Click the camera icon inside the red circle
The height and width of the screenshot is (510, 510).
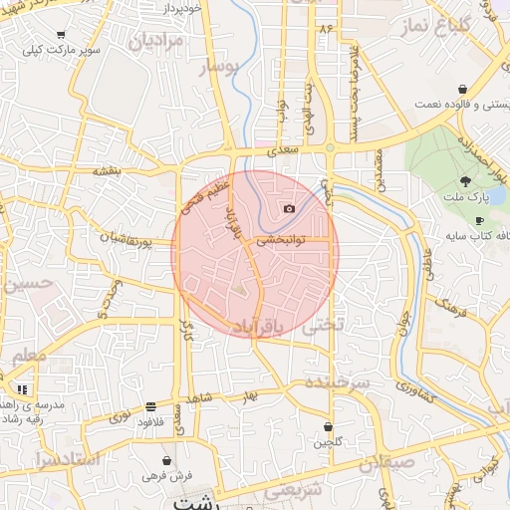click(289, 208)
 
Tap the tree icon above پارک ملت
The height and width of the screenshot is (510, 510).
click(465, 181)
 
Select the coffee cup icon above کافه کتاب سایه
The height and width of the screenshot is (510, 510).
click(479, 221)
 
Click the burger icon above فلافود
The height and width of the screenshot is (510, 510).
click(150, 406)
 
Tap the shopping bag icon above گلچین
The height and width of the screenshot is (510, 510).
click(327, 426)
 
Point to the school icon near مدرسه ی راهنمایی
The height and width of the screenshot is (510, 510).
click(21, 388)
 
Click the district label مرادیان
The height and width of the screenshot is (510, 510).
click(156, 41)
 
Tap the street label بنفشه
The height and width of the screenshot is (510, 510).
click(107, 170)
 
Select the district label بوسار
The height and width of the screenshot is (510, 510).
click(220, 68)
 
